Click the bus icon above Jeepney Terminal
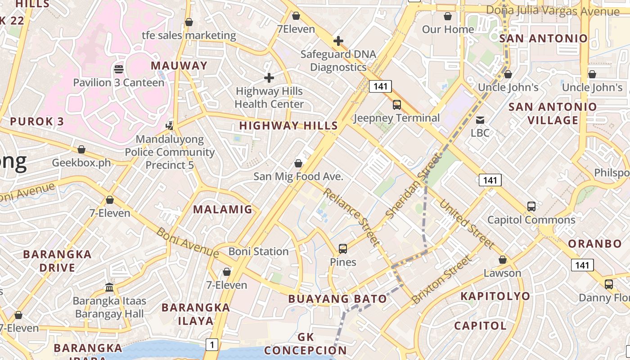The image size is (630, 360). [396, 105]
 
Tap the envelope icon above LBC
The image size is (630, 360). [480, 120]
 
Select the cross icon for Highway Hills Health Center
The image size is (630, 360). [269, 78]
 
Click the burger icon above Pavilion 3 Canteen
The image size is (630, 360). [119, 69]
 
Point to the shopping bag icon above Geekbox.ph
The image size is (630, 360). [81, 149]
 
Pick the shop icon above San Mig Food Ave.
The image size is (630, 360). [298, 163]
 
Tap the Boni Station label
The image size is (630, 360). [258, 252]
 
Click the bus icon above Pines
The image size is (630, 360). [343, 249]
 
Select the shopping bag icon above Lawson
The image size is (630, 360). [503, 260]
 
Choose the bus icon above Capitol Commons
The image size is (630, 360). [531, 207]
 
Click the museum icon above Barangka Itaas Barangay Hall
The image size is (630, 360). [109, 287]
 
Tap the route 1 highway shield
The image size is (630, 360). [212, 345]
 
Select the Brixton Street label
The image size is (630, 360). [442, 279]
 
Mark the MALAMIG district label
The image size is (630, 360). [223, 209]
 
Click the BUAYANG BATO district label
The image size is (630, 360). [337, 299]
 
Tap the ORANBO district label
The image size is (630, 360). [594, 244]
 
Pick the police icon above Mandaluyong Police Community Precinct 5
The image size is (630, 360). [170, 126]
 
